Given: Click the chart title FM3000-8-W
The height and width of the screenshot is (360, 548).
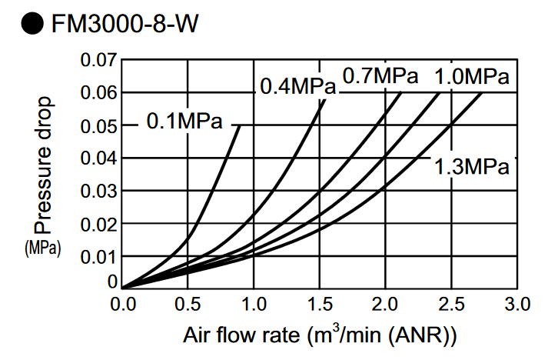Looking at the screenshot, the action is click(125, 24).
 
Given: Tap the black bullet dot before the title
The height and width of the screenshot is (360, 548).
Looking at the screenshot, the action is click(32, 23).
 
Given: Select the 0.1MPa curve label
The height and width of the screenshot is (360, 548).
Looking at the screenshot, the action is click(184, 121).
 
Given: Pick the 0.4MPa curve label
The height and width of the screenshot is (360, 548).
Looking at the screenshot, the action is click(297, 86).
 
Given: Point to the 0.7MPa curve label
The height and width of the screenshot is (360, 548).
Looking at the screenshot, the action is click(380, 75).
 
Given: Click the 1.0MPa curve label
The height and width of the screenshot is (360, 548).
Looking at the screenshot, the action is click(472, 76).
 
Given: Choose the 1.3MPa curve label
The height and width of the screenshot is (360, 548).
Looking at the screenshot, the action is click(472, 166).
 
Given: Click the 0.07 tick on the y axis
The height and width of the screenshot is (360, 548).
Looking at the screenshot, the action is click(98, 60).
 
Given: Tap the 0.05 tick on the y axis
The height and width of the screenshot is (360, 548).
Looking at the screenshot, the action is click(98, 126).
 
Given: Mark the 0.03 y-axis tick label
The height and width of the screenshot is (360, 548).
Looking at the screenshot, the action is click(98, 192).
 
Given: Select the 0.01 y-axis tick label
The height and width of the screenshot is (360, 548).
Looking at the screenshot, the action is click(98, 257).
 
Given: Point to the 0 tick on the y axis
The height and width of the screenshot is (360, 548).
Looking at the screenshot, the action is click(112, 282).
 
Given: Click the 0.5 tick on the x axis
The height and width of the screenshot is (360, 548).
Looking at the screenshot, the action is click(188, 304).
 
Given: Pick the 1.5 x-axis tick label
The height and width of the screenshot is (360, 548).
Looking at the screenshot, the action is click(320, 304).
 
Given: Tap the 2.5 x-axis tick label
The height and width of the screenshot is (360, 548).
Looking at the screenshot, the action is click(451, 304).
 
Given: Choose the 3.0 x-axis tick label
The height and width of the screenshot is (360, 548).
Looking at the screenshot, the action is click(517, 304).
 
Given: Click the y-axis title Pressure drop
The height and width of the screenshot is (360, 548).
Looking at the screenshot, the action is click(44, 165).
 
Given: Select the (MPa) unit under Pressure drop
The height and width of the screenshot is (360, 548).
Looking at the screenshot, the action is click(43, 248).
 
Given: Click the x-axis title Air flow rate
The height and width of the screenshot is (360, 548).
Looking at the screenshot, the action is click(241, 335).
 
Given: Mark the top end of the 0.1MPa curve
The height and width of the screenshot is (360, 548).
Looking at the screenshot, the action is click(240, 125).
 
